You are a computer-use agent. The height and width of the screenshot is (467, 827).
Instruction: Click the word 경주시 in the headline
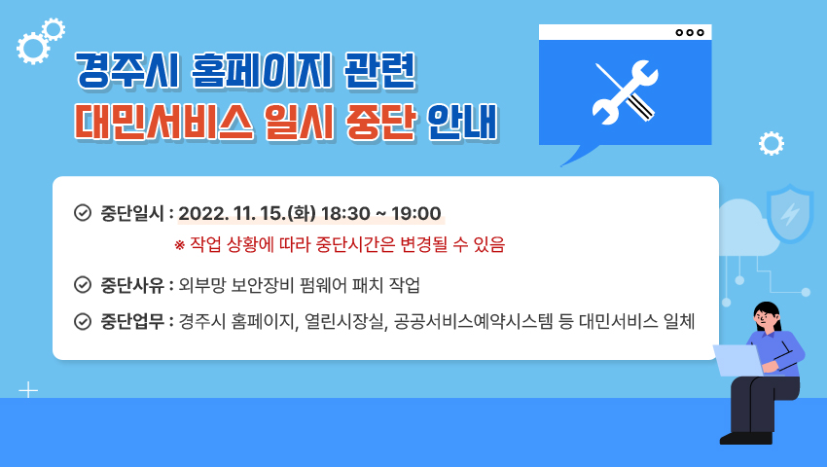[127, 70]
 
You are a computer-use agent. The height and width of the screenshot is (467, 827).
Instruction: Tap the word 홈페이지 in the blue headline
[262, 70]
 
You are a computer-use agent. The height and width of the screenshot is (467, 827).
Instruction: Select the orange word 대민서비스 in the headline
[164, 123]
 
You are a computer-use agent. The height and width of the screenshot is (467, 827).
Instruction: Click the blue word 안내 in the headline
[462, 123]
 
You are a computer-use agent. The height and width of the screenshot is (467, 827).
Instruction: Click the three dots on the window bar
[690, 32]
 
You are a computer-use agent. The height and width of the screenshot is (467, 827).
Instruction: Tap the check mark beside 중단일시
[83, 213]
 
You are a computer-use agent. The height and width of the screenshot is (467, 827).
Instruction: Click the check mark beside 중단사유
[83, 285]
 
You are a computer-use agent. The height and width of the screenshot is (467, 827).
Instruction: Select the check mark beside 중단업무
[83, 321]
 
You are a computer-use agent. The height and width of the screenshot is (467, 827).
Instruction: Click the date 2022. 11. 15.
[232, 213]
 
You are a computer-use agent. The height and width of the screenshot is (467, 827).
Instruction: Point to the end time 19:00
[416, 213]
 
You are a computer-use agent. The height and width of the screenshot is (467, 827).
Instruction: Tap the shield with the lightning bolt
[790, 213]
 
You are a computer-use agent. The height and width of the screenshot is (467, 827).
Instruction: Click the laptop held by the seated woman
[738, 360]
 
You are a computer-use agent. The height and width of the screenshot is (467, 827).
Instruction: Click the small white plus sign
[28, 390]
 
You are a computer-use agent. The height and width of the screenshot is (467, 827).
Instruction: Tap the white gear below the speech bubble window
[772, 144]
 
